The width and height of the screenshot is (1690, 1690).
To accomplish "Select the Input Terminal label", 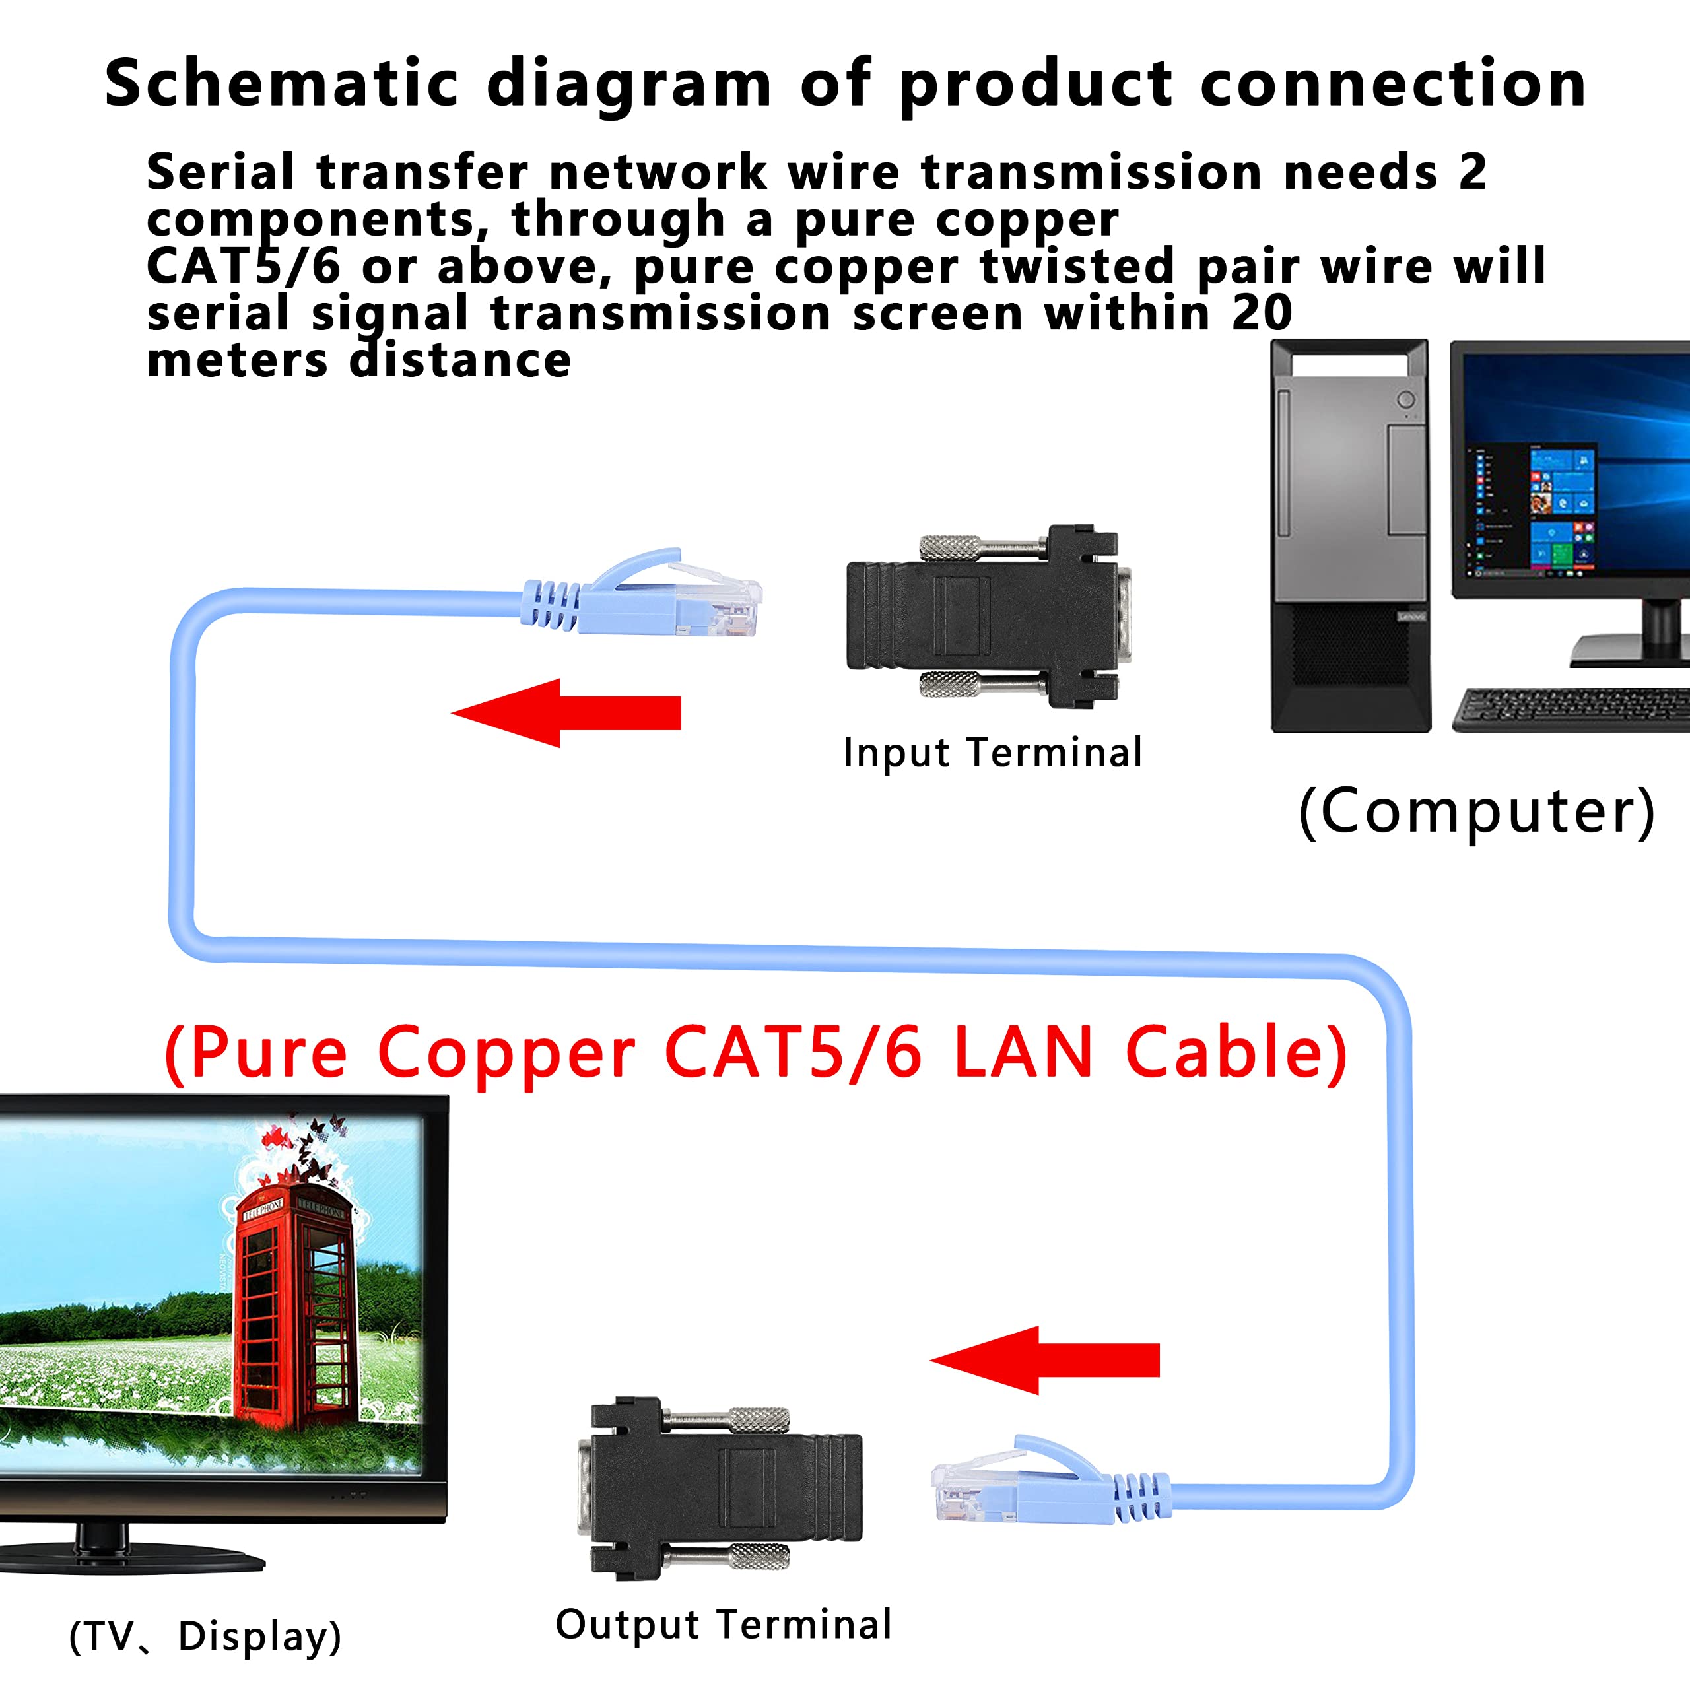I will pyautogui.click(x=992, y=753).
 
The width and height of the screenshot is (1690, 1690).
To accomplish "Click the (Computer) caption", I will pyautogui.click(x=1477, y=812).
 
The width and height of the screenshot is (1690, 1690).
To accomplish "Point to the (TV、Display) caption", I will pyautogui.click(x=205, y=1636).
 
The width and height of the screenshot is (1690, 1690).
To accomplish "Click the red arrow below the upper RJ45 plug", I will pyautogui.click(x=567, y=712).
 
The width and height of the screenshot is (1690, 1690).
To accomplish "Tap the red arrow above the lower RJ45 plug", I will pyautogui.click(x=1044, y=1359).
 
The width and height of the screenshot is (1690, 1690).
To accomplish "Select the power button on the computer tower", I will pyautogui.click(x=1405, y=400).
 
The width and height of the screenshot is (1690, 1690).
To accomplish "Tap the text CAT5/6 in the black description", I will pyautogui.click(x=242, y=266).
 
